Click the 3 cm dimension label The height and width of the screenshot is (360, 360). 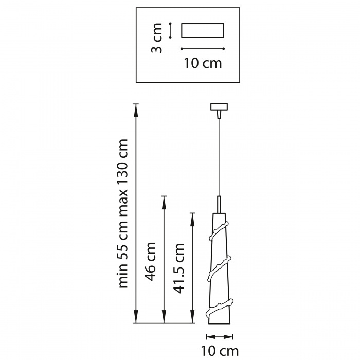156,38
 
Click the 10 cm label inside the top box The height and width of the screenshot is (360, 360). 203,63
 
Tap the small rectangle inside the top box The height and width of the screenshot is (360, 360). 203,30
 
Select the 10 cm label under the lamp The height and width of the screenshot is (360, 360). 220,351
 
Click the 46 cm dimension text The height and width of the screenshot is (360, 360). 151,261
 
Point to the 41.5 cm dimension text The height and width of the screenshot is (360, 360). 178,268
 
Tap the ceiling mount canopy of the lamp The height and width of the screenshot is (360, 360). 219,107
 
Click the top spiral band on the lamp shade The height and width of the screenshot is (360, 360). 219,231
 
